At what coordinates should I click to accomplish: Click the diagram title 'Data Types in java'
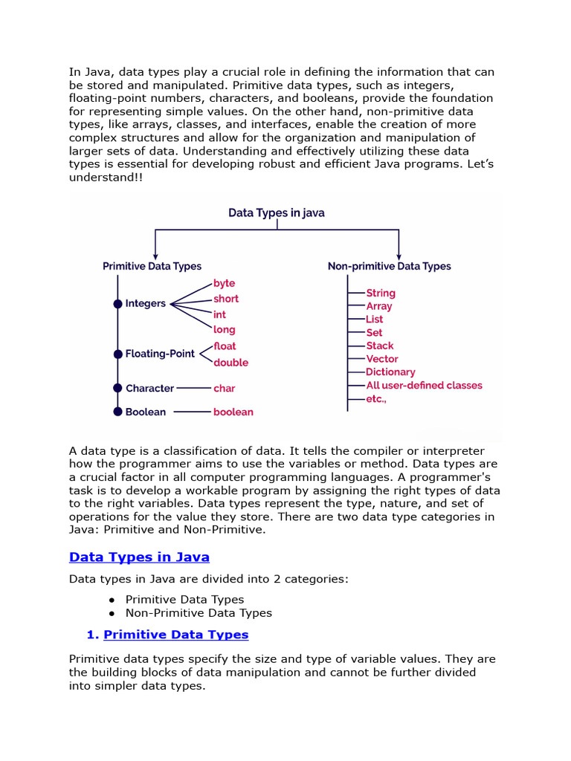(276, 213)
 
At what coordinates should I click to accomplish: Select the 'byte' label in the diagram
(224, 283)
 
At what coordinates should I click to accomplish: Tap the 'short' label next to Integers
(226, 299)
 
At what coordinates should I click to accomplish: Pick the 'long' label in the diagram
(224, 329)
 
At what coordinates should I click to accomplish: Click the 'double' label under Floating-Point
(230, 363)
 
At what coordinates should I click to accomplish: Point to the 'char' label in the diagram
(224, 388)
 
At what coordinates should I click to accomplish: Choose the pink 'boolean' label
(233, 412)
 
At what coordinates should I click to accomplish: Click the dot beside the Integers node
(117, 303)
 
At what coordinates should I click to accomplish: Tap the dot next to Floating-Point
(117, 354)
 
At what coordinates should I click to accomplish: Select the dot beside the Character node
(117, 388)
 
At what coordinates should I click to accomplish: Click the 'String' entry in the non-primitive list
(381, 294)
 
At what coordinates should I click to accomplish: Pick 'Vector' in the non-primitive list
(382, 359)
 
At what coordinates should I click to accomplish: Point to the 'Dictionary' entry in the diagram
(390, 372)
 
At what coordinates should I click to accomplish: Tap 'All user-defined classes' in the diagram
(424, 385)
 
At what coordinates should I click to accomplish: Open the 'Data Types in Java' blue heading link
(139, 557)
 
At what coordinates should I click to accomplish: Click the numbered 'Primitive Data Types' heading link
(175, 635)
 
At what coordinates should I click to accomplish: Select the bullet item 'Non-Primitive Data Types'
(199, 613)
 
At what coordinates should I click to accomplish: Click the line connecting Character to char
(193, 388)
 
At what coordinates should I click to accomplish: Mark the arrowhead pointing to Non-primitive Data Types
(399, 253)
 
